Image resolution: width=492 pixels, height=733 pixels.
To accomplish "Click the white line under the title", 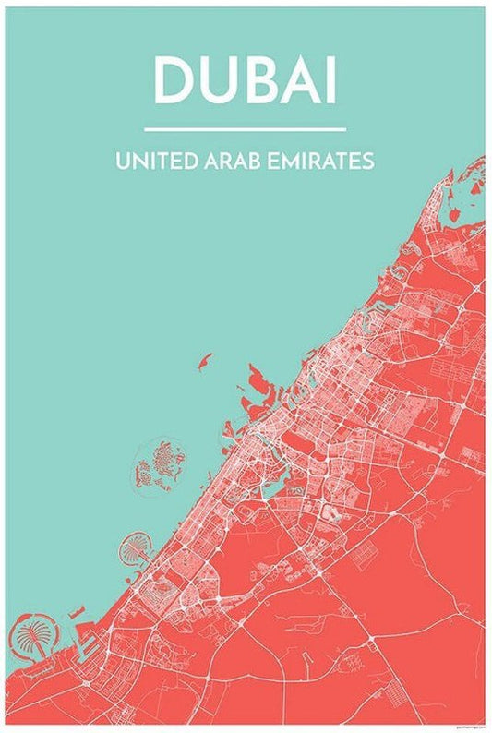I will [x=246, y=129].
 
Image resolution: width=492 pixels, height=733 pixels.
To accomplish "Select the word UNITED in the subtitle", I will [x=156, y=161].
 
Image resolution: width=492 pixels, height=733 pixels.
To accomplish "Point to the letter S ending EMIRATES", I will [x=369, y=161].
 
